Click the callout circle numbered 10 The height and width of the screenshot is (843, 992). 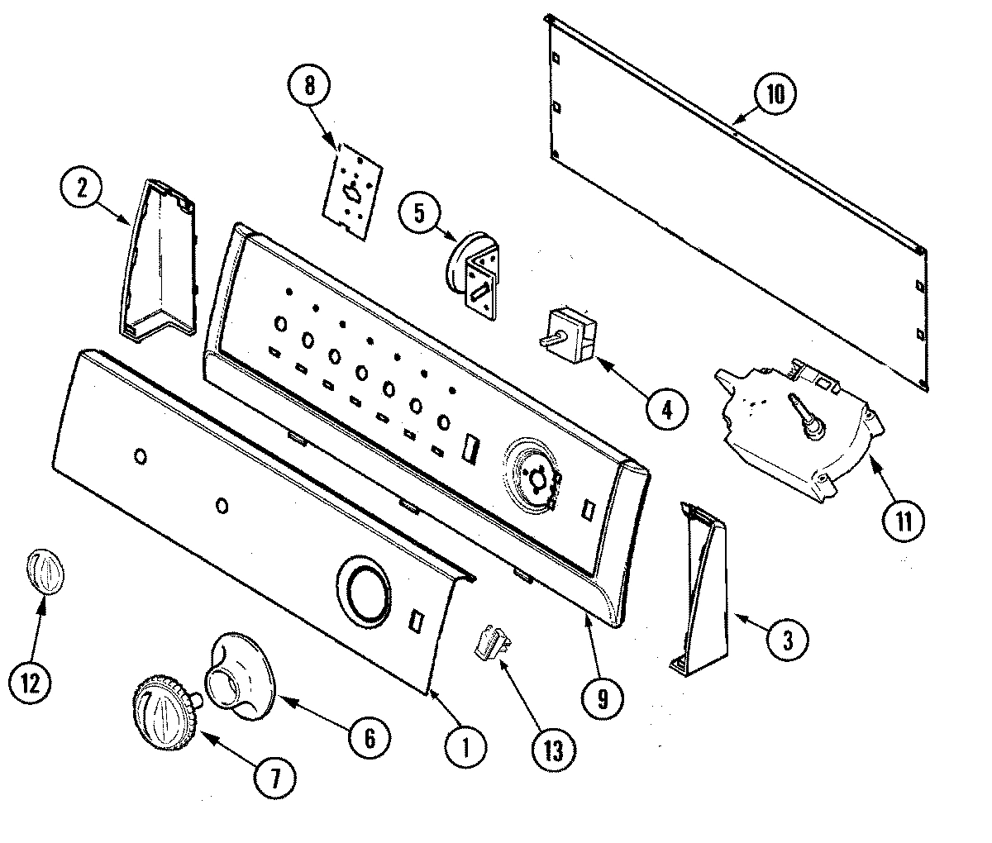[x=774, y=94]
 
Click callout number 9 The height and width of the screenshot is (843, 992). [x=601, y=699]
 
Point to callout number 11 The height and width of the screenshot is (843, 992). [x=903, y=522]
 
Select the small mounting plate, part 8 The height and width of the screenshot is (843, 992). [x=352, y=186]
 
